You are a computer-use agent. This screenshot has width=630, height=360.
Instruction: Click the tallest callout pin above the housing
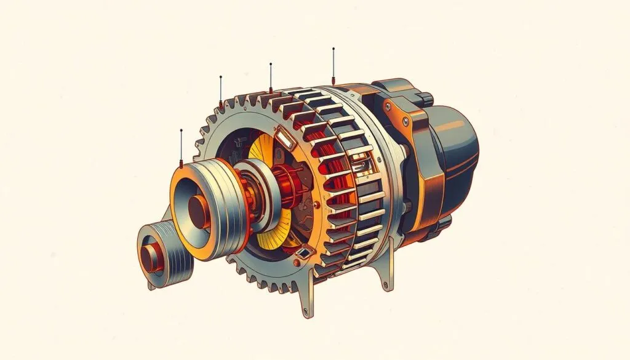point(333,65)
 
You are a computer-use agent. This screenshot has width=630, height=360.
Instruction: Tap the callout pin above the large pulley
point(181,148)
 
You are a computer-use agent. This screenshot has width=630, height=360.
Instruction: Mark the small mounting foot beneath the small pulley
point(151,284)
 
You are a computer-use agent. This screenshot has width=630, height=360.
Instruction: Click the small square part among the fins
point(359,163)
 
